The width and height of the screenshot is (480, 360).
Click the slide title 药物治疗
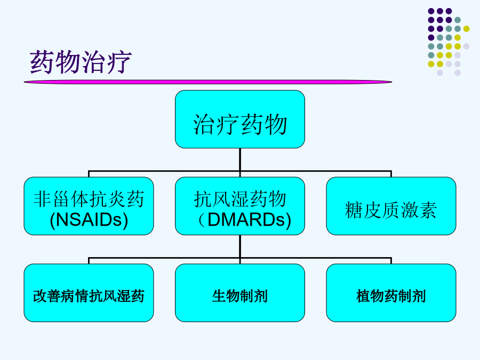click(x=81, y=62)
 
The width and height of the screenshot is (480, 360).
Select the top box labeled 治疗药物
click(x=240, y=119)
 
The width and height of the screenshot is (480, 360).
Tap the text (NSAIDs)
click(x=89, y=220)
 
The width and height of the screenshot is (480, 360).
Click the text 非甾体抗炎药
click(x=89, y=199)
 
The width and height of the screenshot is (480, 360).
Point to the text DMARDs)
click(x=249, y=220)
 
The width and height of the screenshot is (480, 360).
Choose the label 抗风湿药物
click(x=240, y=199)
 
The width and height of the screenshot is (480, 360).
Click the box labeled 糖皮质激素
click(x=391, y=206)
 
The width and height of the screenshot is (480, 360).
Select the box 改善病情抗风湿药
click(x=89, y=293)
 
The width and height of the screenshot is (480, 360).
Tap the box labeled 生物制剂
click(x=240, y=293)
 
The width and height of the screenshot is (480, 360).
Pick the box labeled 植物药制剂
click(x=391, y=293)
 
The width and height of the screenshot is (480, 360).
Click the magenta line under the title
click(x=208, y=82)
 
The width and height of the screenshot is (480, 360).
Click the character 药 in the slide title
click(x=42, y=62)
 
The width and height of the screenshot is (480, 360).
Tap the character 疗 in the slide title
click(x=119, y=62)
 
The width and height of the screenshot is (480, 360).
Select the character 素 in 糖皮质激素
click(x=428, y=210)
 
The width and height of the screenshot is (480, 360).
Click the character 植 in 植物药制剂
click(x=363, y=297)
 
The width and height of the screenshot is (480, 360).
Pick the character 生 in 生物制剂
click(x=219, y=297)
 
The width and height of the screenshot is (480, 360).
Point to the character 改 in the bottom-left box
click(x=40, y=297)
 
